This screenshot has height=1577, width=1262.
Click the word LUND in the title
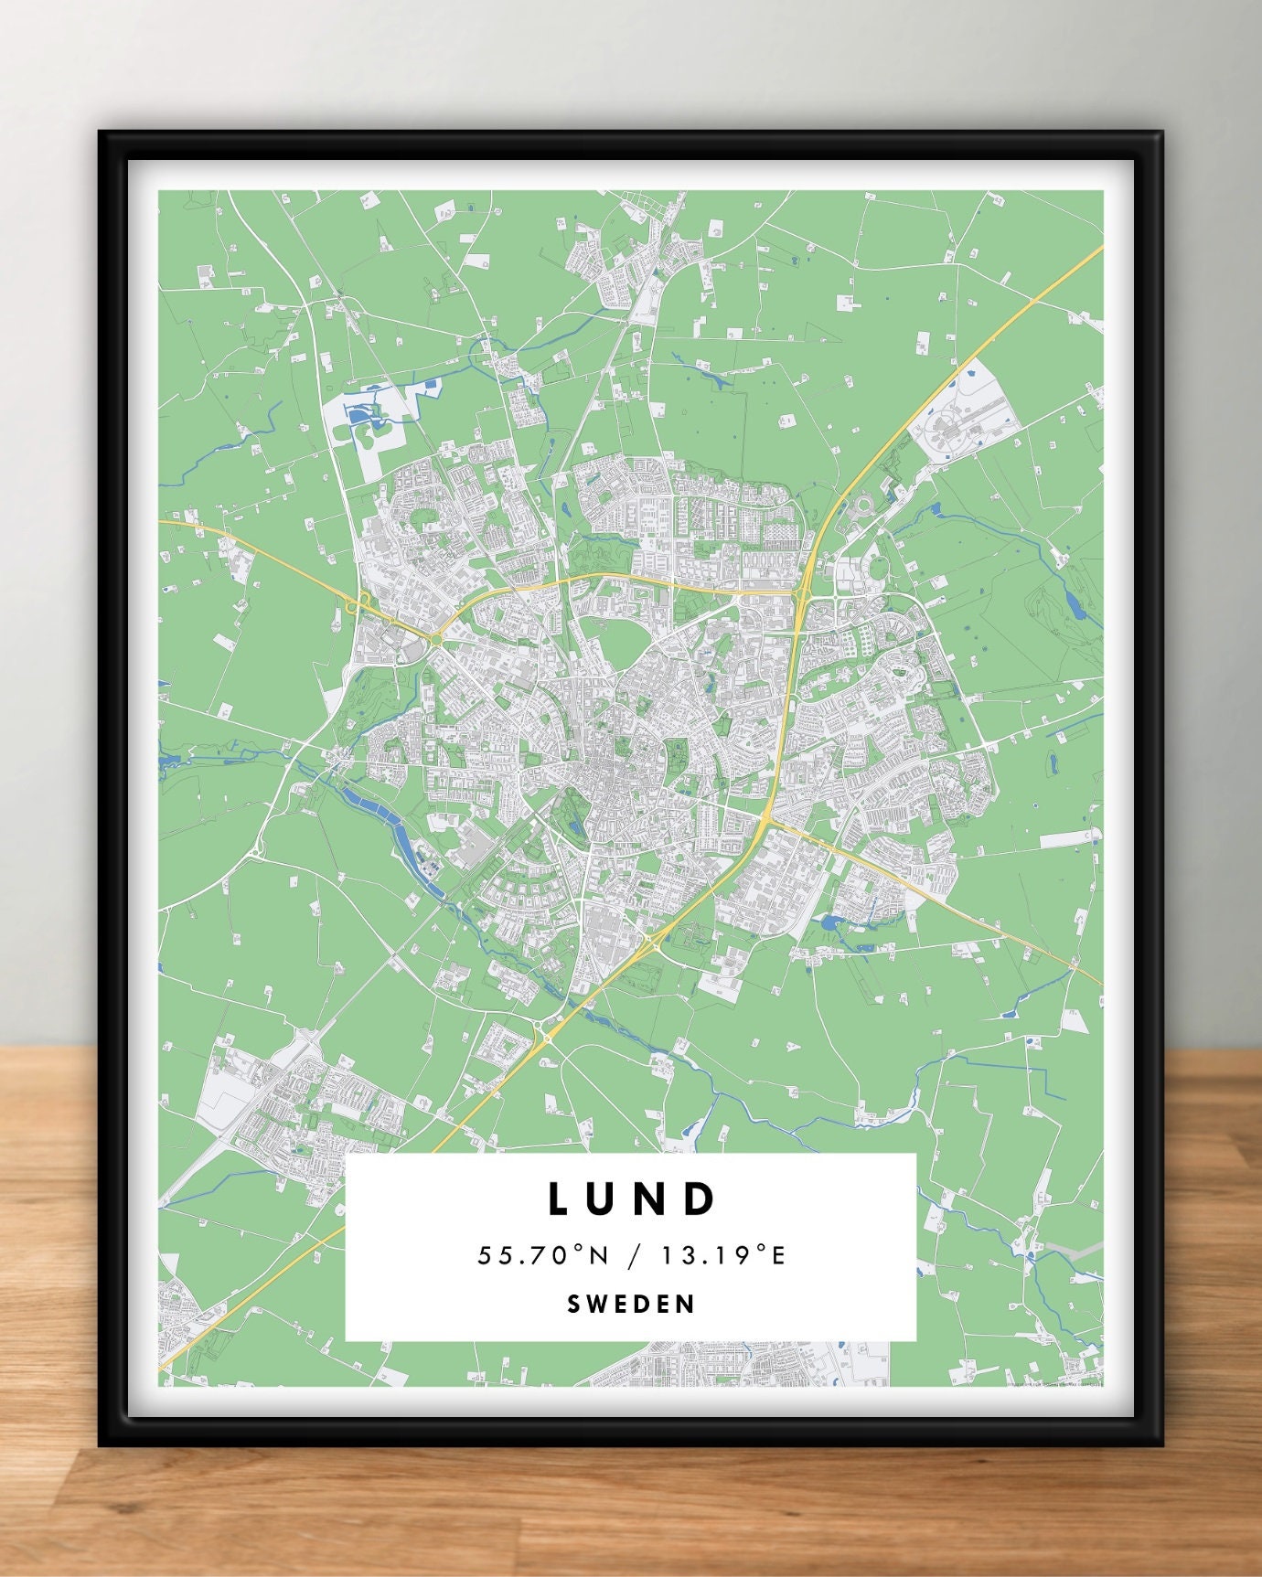coord(631,1199)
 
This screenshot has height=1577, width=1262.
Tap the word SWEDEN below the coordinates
coord(631,1304)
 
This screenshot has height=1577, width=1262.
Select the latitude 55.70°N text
coord(542,1256)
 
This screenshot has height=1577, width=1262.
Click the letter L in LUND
coord(558,1199)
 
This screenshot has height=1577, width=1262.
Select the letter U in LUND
coord(604,1199)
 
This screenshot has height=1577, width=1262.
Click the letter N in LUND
coord(654,1199)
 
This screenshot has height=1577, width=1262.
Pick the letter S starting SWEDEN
coord(573,1304)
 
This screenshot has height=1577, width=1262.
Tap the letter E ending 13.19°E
coord(779,1256)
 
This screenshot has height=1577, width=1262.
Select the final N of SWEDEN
coord(688,1304)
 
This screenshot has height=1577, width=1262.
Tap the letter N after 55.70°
coord(598,1256)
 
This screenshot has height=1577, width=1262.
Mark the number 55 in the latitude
coord(491,1256)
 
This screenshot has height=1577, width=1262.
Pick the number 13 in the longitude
coord(676,1256)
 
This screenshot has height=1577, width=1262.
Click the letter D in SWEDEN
coord(643,1304)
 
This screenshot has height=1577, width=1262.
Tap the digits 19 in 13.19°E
coord(732,1256)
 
